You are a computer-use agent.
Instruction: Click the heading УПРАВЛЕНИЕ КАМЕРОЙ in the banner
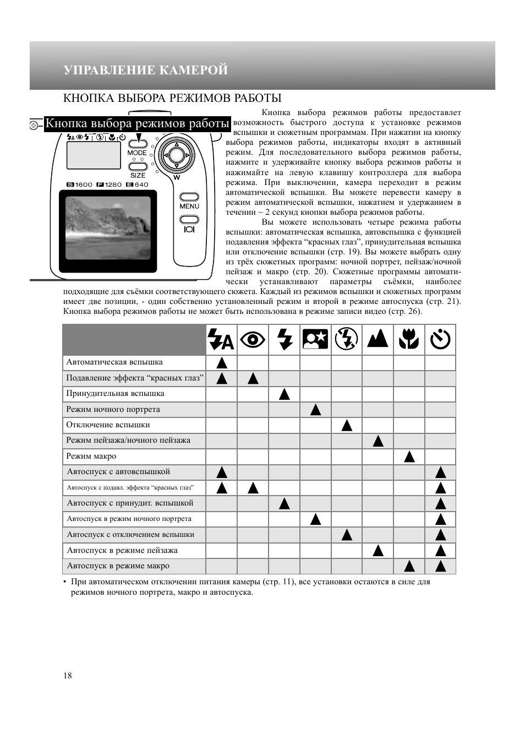[145, 70]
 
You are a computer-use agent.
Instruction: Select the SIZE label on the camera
[138, 175]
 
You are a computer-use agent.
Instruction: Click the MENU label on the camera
[189, 206]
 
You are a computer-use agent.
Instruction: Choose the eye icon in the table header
[253, 339]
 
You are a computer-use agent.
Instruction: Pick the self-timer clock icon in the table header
[440, 339]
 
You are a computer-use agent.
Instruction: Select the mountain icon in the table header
[378, 339]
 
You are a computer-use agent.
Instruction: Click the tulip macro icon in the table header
[409, 339]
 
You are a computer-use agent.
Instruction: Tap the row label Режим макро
[91, 456]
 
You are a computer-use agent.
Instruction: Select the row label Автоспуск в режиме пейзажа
[122, 550]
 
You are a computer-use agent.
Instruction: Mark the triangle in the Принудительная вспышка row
[284, 394]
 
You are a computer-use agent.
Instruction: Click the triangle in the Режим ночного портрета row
[315, 410]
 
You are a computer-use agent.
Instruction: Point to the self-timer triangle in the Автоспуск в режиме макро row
[440, 566]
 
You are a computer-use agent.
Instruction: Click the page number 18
[68, 676]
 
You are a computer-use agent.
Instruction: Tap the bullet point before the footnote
[65, 582]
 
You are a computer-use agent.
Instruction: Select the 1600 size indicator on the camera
[80, 184]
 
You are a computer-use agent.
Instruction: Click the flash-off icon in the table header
[347, 339]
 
